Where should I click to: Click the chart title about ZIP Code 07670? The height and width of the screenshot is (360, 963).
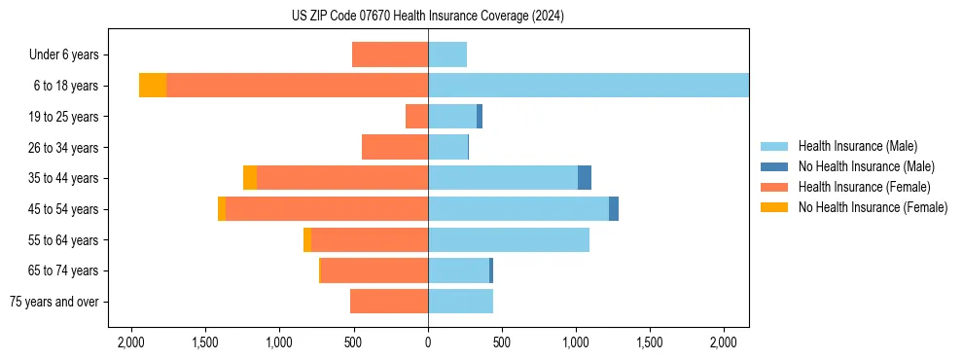[428, 16]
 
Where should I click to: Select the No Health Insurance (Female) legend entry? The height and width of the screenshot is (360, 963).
[873, 207]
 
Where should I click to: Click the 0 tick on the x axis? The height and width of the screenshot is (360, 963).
[428, 342]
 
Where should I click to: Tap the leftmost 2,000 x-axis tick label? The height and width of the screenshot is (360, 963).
[131, 342]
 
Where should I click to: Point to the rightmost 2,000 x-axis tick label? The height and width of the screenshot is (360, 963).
[724, 342]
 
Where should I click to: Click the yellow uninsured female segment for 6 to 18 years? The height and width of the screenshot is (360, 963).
[153, 86]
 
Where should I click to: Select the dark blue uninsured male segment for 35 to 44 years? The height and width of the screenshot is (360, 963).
[585, 178]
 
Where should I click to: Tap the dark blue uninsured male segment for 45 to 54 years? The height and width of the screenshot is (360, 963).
[614, 209]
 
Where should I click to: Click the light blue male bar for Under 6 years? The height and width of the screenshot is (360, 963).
[447, 54]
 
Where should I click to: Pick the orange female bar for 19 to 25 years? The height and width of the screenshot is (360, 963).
[416, 117]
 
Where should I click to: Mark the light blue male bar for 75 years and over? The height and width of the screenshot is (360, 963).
[460, 302]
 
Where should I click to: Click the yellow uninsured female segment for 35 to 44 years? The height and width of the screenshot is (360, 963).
[250, 178]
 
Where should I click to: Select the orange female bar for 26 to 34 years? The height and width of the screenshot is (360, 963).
[395, 147]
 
